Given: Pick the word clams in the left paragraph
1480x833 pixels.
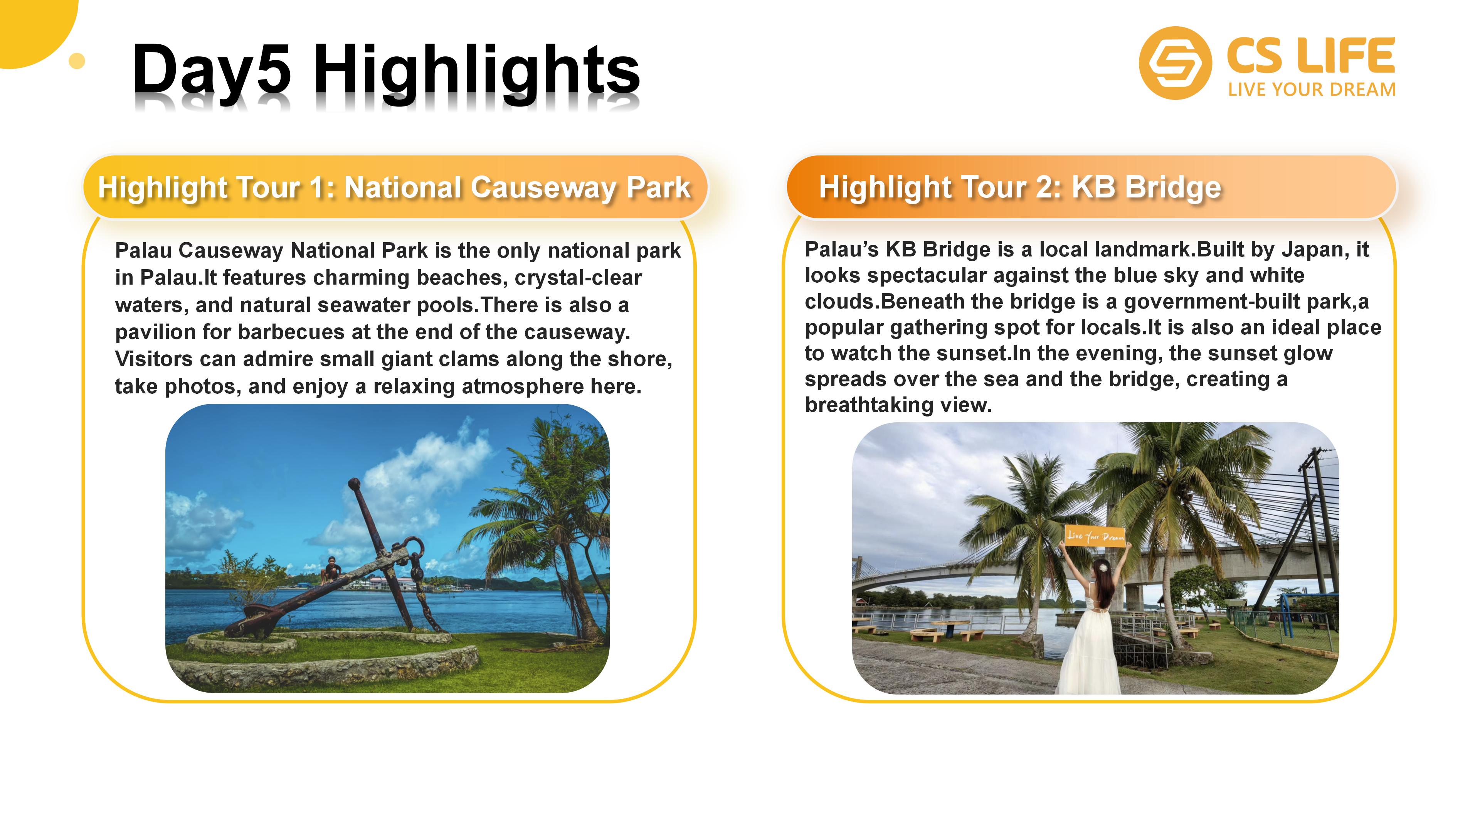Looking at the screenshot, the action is (531, 359).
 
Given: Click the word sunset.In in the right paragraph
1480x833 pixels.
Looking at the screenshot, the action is (984, 353).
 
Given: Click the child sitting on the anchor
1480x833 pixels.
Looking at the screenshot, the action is (331, 569).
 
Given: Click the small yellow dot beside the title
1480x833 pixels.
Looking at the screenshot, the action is (76, 61).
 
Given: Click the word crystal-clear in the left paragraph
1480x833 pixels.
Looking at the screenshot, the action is (578, 277).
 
